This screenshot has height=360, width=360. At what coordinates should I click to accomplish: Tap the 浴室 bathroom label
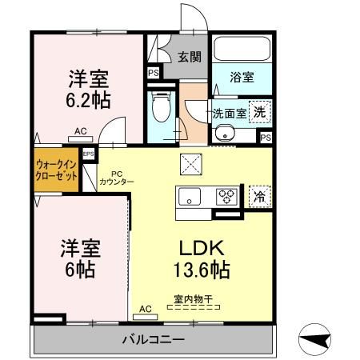pos(242,77)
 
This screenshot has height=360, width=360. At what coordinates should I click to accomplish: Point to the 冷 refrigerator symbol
pos(258,195)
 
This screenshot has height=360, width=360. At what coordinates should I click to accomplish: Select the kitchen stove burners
pos(228,195)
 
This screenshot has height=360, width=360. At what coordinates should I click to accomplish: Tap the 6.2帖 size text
pos(87,101)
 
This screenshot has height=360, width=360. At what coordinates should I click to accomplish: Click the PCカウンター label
pos(117,178)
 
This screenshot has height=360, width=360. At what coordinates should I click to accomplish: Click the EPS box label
pos(88,153)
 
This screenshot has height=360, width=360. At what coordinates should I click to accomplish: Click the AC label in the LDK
pos(145,307)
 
